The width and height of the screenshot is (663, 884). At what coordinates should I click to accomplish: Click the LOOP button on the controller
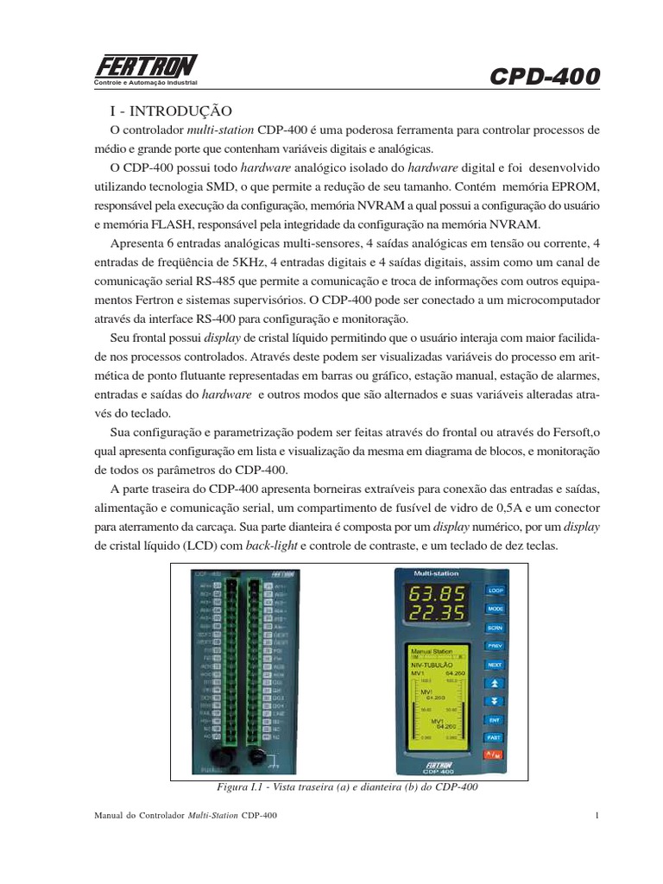pyautogui.click(x=494, y=590)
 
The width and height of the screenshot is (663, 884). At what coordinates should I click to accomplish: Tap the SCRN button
pyautogui.click(x=494, y=628)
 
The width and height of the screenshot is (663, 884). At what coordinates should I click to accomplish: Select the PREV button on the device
pyautogui.click(x=494, y=646)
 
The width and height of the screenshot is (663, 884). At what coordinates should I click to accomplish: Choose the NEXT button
pyautogui.click(x=494, y=665)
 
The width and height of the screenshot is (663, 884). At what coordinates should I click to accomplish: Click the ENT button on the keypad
pyautogui.click(x=494, y=719)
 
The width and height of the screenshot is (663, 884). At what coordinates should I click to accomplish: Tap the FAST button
pyautogui.click(x=494, y=737)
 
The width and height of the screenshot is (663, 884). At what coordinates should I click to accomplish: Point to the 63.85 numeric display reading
pyautogui.click(x=436, y=594)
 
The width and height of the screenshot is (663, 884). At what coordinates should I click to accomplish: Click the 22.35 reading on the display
pyautogui.click(x=436, y=614)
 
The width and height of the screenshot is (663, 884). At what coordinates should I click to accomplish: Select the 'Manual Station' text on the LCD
pyautogui.click(x=432, y=652)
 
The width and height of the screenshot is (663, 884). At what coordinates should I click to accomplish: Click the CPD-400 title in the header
pyautogui.click(x=544, y=77)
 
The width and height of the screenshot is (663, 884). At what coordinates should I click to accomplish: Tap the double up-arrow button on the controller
pyautogui.click(x=494, y=683)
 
